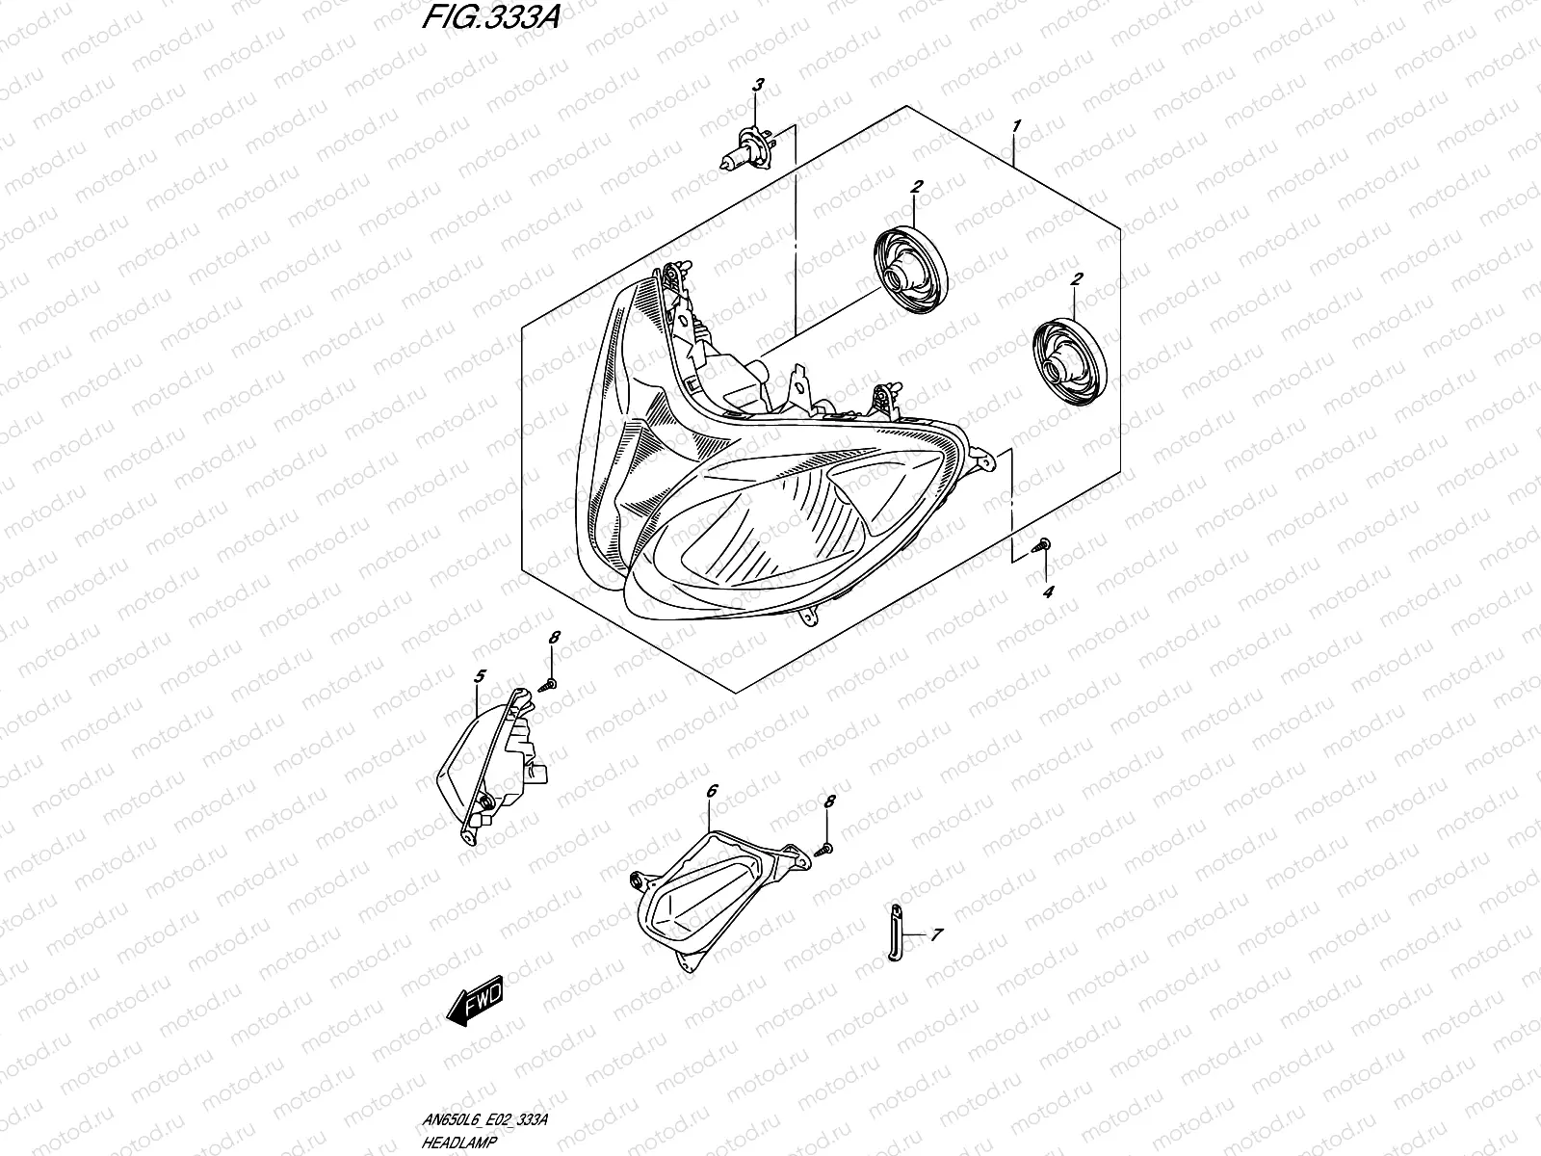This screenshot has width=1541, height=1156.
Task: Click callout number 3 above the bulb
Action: tap(758, 86)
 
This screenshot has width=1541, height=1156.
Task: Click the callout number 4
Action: tap(1048, 591)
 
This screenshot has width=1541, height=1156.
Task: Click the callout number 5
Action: tap(480, 677)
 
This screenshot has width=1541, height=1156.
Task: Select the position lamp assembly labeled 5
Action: tap(491, 761)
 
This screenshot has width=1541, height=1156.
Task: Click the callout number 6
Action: tap(711, 791)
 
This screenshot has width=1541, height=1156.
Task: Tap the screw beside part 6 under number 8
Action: tap(826, 847)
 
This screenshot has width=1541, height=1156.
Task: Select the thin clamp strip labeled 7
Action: tap(895, 932)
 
